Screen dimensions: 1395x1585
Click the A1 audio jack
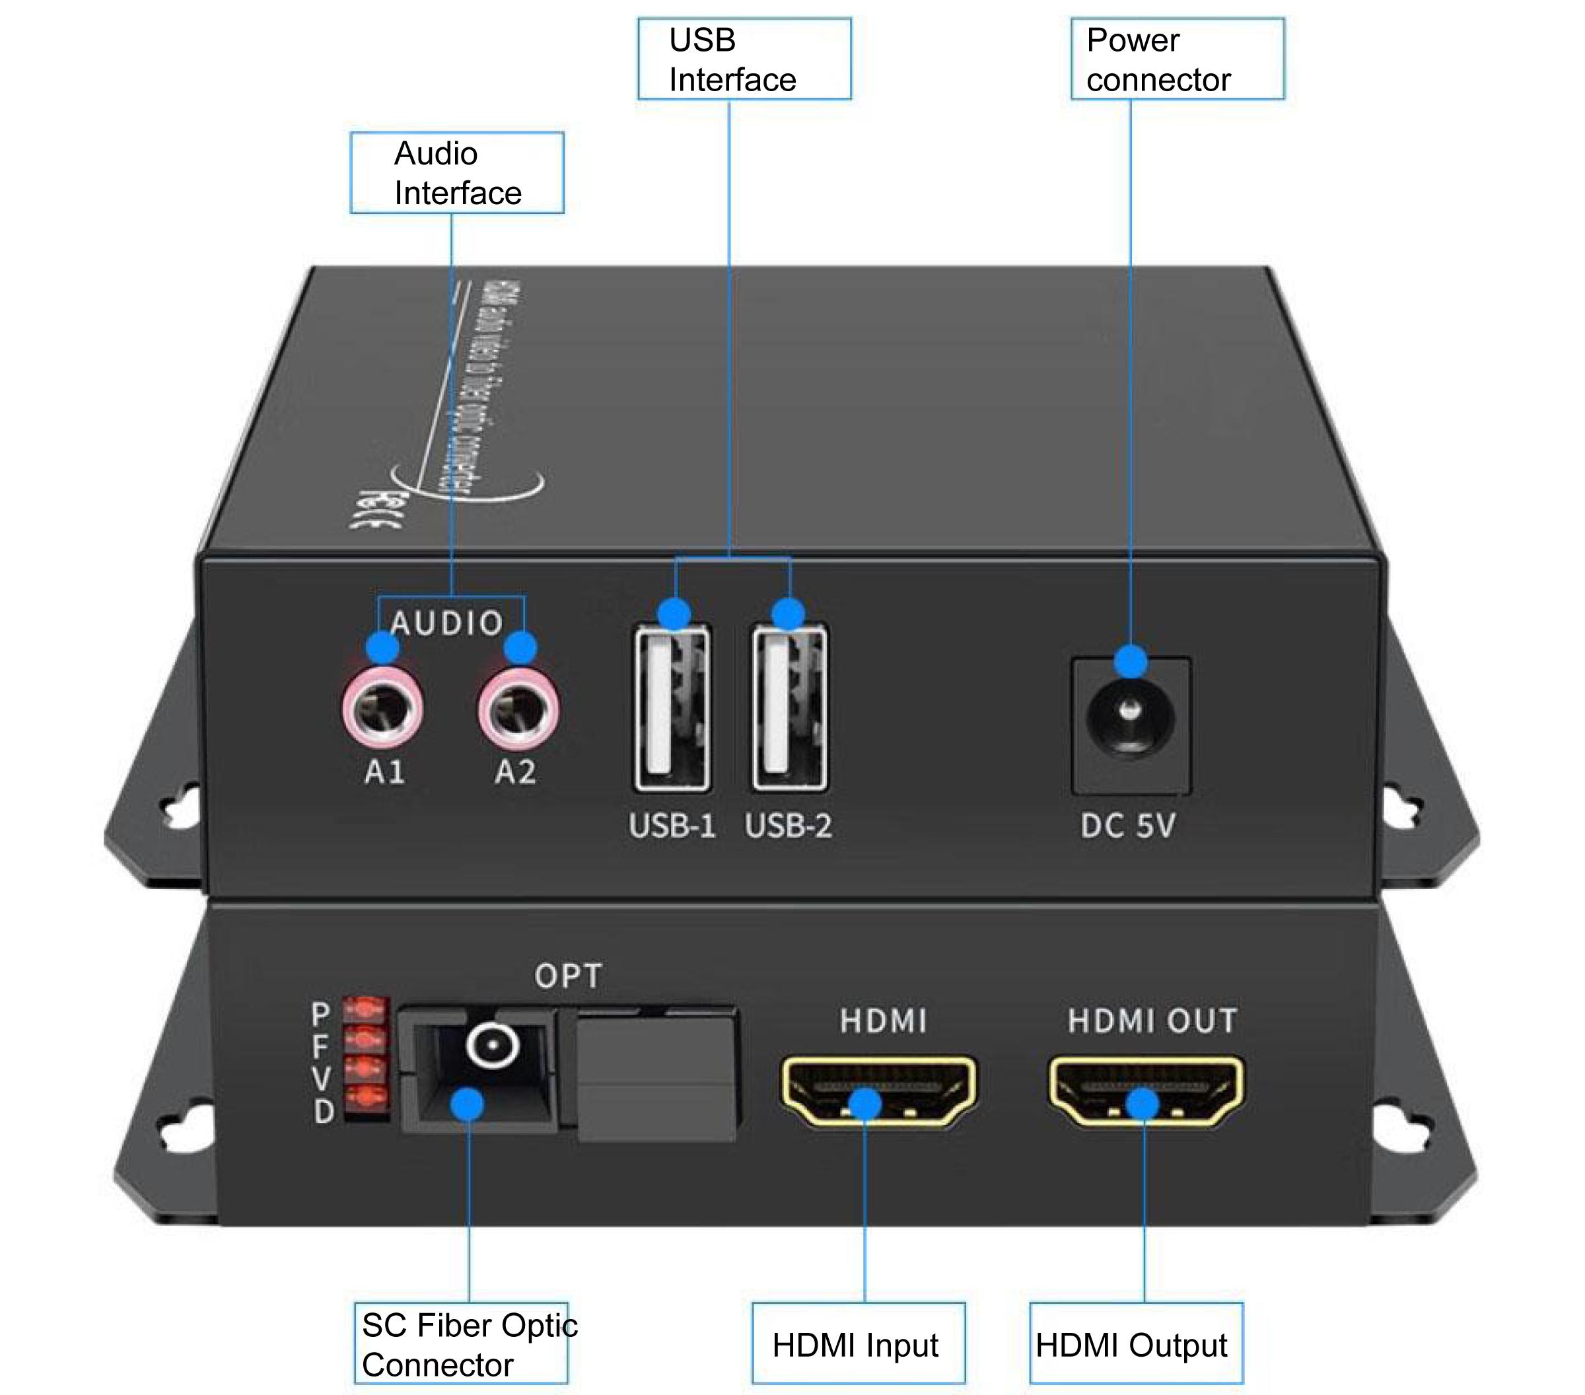coord(382,709)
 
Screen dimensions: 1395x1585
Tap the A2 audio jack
coord(518,709)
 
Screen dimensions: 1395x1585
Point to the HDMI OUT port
coord(1145,1089)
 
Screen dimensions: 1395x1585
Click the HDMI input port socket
coord(878,1089)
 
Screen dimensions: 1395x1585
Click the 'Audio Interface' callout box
coord(457,173)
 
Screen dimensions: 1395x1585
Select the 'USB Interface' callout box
coord(744,59)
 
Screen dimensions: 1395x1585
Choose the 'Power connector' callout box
coord(1176,59)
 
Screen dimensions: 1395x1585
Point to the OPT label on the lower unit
coord(567,976)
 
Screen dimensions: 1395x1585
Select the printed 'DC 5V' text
coord(1127,826)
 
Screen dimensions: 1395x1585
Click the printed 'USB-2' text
coord(788,826)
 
